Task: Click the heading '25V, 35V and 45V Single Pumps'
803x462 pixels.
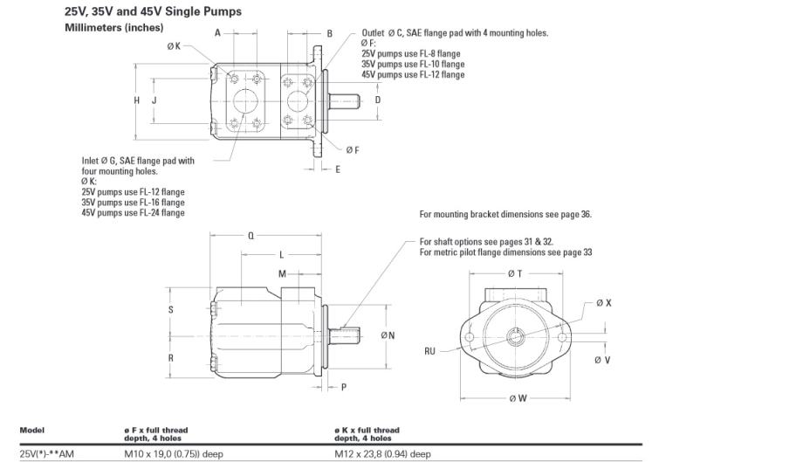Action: [153, 12]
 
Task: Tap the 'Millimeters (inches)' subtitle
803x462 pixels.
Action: [113, 28]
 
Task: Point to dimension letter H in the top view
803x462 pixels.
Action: [137, 100]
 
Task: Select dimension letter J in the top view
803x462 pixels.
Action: [154, 100]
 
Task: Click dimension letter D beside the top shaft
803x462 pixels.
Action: [377, 100]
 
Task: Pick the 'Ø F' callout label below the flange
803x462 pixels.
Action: [352, 150]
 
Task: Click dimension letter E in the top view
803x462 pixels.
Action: [338, 169]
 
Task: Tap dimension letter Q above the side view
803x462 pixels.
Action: [251, 236]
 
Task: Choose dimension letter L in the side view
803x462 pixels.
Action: [281, 255]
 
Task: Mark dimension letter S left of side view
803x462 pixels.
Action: [171, 309]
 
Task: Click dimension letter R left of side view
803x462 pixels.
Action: [171, 357]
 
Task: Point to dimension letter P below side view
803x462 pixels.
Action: [344, 386]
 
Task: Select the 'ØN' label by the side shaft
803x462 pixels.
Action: [388, 335]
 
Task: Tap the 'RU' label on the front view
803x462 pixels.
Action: [429, 351]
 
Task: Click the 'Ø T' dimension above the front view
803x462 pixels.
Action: [514, 273]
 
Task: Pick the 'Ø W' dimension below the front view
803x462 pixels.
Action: [516, 399]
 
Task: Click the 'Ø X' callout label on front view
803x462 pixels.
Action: [603, 303]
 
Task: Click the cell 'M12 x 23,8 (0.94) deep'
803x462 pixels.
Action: [382, 453]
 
